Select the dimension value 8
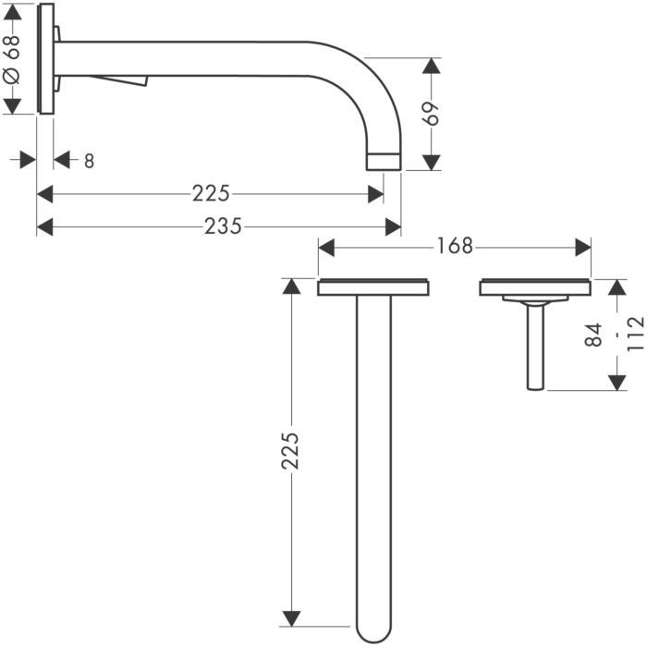click(x=89, y=161)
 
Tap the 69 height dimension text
click(x=432, y=113)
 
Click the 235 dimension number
click(x=223, y=227)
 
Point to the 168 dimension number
click(x=455, y=247)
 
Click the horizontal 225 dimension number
click(x=211, y=193)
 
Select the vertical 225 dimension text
click(x=290, y=451)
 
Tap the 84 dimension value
click(x=594, y=335)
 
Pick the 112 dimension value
click(x=636, y=334)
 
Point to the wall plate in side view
click(x=45, y=58)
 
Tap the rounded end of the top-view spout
click(x=373, y=630)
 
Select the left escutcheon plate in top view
click(x=373, y=287)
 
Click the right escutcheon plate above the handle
click(x=535, y=287)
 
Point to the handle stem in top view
click(x=535, y=346)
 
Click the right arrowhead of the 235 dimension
click(x=393, y=227)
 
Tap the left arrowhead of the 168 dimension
click(x=326, y=248)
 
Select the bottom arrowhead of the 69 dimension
click(x=432, y=162)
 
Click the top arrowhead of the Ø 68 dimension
click(x=12, y=12)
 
